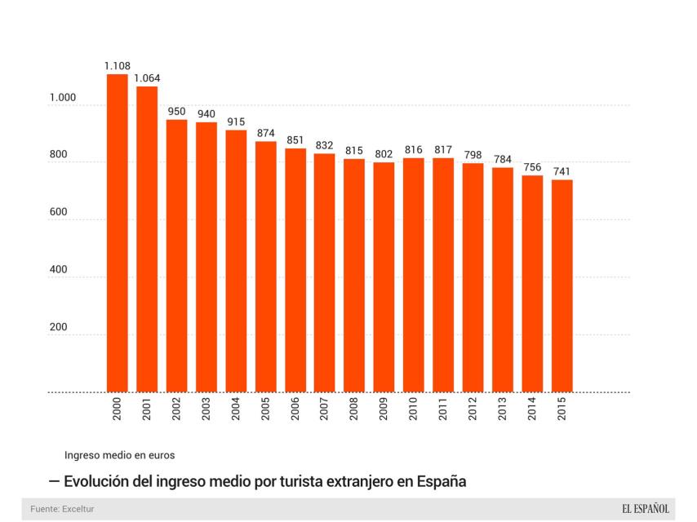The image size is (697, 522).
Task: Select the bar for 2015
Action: tap(562, 285)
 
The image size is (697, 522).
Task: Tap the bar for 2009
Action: tap(384, 276)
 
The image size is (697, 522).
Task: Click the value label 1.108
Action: tap(117, 65)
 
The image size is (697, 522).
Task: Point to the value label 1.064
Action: tap(147, 78)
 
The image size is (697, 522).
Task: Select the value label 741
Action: tap(562, 171)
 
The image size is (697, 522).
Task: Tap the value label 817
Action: tap(443, 149)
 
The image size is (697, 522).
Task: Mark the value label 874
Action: tap(265, 133)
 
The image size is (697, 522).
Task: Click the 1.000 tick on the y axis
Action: tap(62, 98)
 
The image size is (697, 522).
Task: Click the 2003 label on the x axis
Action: tap(206, 410)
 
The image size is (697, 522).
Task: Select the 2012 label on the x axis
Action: tap(473, 410)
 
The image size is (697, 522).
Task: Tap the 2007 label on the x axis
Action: tap(325, 410)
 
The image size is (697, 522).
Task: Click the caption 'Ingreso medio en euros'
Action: tap(119, 453)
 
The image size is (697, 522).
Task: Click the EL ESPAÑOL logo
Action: tap(645, 509)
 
